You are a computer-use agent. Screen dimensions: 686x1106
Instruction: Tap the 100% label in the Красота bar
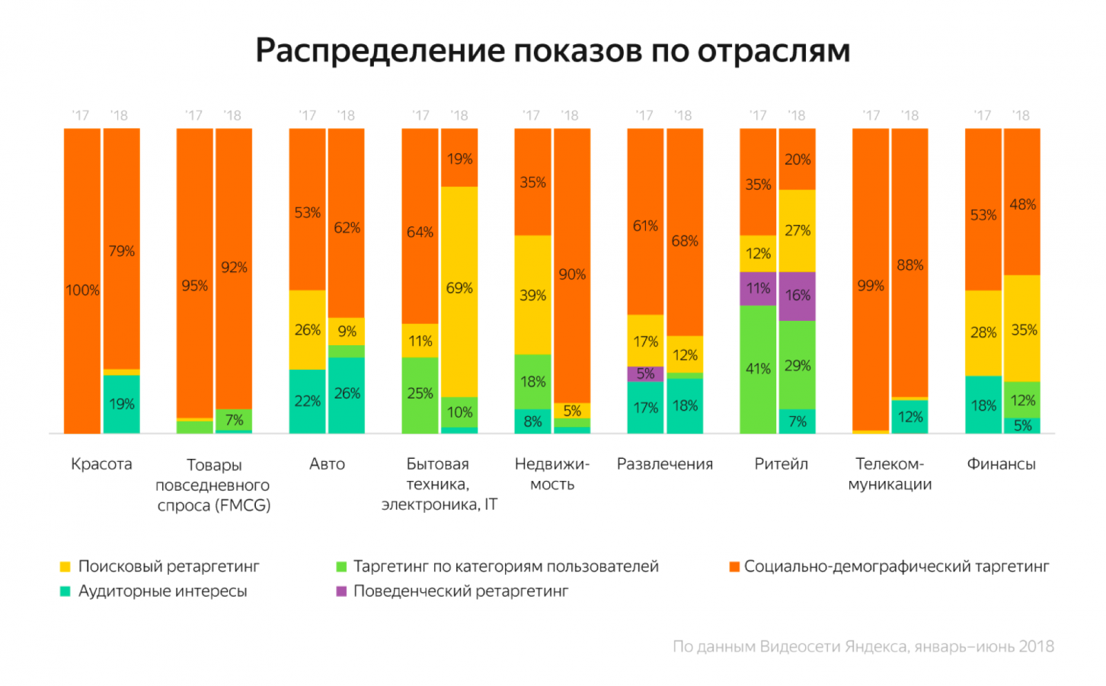(82, 290)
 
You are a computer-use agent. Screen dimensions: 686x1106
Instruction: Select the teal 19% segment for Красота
(122, 404)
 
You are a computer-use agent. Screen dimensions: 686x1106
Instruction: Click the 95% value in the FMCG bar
(195, 286)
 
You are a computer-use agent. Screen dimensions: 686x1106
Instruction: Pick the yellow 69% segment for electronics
(459, 288)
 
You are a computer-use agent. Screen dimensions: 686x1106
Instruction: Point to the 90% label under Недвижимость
(572, 274)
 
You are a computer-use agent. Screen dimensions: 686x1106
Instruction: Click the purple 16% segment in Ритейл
(798, 296)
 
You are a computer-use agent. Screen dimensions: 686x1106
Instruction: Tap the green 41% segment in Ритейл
(758, 369)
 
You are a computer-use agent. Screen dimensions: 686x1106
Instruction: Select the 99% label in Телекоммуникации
(871, 286)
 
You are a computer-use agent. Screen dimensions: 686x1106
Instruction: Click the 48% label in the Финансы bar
(1022, 204)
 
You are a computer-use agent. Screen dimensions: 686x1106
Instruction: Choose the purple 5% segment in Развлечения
(645, 373)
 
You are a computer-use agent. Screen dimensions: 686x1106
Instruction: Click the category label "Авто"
(327, 464)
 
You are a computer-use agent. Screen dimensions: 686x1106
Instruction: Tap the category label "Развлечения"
(665, 464)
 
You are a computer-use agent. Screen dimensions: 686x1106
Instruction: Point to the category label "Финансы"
(1001, 464)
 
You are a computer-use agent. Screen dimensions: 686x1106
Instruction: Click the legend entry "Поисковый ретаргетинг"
(168, 566)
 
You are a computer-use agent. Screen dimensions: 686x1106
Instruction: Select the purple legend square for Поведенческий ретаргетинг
(342, 591)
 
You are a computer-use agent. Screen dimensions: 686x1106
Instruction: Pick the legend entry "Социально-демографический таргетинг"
(896, 566)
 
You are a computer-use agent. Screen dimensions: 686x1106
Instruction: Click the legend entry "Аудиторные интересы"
(162, 591)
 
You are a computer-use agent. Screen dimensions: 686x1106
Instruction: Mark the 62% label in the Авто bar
(347, 228)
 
